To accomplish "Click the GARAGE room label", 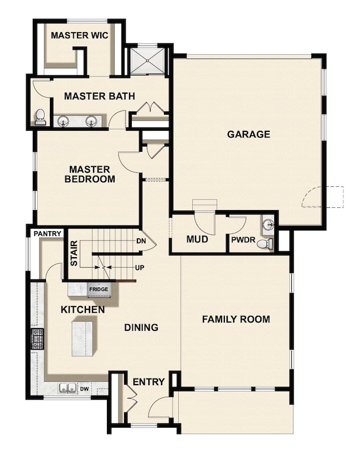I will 248,134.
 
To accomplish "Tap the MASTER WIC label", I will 79,35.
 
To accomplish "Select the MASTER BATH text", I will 99,96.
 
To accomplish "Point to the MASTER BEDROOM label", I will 90,174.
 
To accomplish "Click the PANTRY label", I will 47,234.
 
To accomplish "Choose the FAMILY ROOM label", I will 235,319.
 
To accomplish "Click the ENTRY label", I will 148,382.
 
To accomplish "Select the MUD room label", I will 197,239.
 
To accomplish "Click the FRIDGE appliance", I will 99,289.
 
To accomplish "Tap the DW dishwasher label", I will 84,389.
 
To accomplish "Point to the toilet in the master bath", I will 40,117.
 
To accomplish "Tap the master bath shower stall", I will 147,61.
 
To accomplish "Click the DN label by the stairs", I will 141,241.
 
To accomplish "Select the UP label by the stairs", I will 141,267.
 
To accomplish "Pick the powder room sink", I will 269,224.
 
